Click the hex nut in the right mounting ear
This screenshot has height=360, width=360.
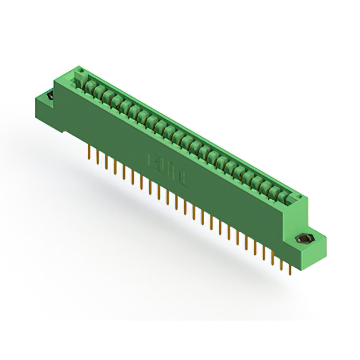click(304, 239)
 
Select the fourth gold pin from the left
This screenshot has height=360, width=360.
click(115, 166)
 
